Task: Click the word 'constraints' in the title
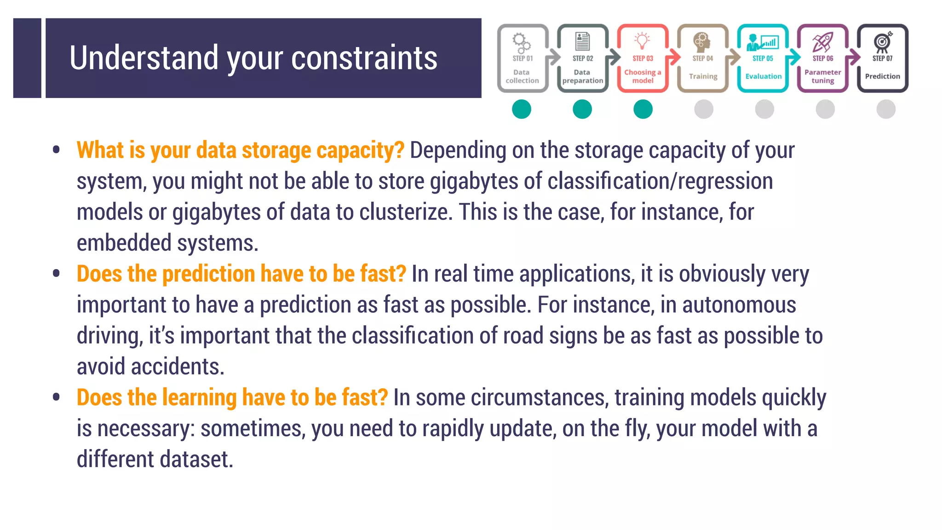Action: tap(364, 58)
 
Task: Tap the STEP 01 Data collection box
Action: tap(523, 58)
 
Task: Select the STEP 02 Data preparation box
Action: tap(582, 58)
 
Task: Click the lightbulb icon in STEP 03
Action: tap(642, 40)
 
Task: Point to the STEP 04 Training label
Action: tap(703, 76)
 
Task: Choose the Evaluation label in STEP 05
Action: tap(763, 76)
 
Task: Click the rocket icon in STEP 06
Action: tap(822, 42)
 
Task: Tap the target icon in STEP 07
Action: tap(882, 41)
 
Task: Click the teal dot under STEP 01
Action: tap(522, 109)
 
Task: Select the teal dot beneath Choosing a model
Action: tap(643, 109)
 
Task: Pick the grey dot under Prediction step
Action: tap(886, 109)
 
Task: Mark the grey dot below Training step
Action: tap(704, 109)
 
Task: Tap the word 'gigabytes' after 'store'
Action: tap(474, 181)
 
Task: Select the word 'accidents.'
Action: tap(178, 367)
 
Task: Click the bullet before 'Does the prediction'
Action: tap(57, 274)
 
